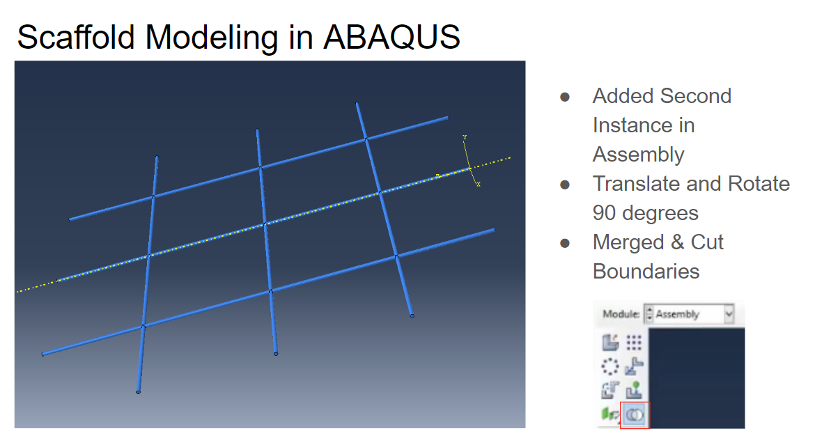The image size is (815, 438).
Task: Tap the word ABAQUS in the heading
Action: coord(391,36)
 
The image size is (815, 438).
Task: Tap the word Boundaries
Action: coord(646,272)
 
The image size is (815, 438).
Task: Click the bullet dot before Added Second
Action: coord(566,97)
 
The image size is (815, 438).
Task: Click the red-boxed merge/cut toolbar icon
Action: coord(634,414)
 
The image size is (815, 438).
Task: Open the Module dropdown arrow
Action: coord(729,314)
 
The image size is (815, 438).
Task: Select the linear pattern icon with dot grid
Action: coord(633,342)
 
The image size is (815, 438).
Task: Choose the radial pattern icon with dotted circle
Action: coord(610,366)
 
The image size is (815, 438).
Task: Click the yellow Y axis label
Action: coord(465,137)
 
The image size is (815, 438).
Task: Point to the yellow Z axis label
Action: coord(437,175)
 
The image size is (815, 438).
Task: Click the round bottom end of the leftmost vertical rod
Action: coord(139,392)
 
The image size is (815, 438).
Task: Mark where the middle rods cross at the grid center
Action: coord(265,224)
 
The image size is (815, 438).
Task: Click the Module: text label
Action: coord(621,314)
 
